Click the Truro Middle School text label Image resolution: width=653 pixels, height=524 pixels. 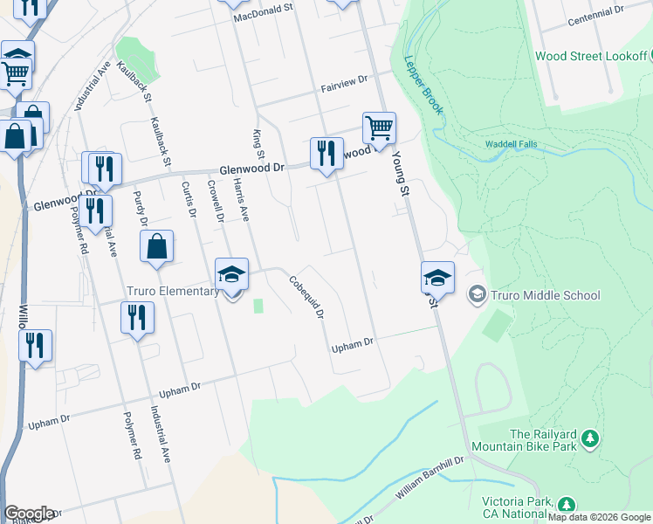[546, 295]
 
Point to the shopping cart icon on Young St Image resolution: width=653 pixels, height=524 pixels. [379, 128]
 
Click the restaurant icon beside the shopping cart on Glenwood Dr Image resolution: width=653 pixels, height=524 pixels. [326, 154]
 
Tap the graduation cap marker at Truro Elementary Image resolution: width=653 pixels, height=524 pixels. [232, 274]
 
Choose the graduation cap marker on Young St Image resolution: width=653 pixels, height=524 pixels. [437, 278]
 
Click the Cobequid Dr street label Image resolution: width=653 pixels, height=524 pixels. [307, 297]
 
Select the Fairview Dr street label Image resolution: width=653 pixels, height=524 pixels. [345, 83]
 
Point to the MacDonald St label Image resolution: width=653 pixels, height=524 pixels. [267, 15]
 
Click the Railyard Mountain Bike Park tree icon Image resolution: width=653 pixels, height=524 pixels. [591, 436]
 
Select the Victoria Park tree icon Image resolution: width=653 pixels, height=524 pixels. [567, 504]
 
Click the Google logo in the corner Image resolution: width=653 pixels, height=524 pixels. [28, 514]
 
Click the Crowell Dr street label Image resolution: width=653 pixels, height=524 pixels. [216, 201]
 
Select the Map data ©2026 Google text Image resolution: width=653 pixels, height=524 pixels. [600, 517]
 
